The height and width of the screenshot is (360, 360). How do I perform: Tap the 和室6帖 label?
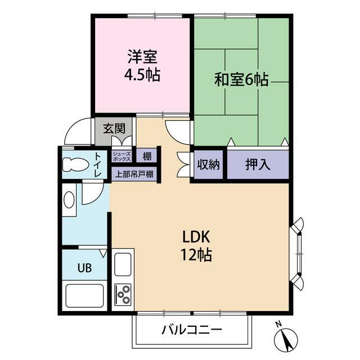(x=241, y=80)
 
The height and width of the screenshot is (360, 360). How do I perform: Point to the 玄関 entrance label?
(x=114, y=128)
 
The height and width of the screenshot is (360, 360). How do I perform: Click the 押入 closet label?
(x=257, y=165)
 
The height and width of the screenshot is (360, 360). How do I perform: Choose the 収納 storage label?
(x=209, y=165)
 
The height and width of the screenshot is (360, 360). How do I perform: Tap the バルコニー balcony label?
(x=192, y=329)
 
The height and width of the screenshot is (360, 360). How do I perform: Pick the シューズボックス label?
(x=121, y=155)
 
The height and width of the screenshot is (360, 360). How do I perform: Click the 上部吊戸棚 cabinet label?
(x=134, y=174)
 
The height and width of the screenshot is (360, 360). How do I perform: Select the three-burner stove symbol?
(x=123, y=293)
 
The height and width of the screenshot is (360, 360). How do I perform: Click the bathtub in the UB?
(x=84, y=295)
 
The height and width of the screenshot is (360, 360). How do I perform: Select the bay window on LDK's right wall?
(x=298, y=253)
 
